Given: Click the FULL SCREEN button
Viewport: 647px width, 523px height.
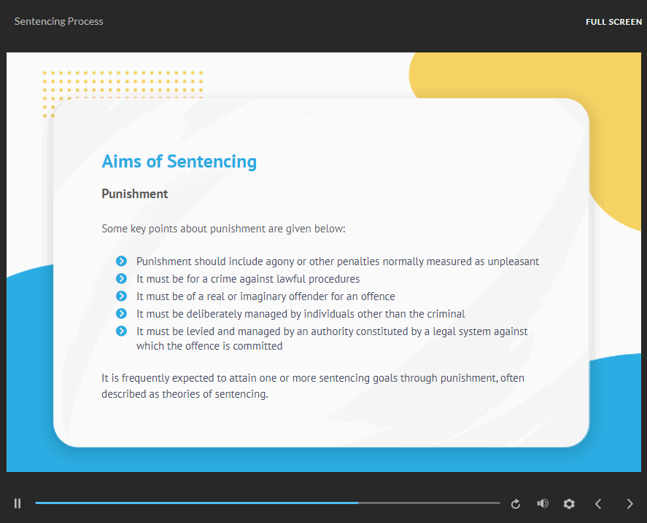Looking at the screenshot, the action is click(613, 22).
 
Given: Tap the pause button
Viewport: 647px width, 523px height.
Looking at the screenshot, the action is click(18, 503).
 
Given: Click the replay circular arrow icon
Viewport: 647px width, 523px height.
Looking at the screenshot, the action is click(516, 503).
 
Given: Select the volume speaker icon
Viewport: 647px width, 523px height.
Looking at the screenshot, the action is click(543, 503).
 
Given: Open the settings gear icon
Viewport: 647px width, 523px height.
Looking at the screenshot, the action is click(569, 503).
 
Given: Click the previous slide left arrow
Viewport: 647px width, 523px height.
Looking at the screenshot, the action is click(598, 503).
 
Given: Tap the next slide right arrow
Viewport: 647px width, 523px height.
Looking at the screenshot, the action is click(629, 503).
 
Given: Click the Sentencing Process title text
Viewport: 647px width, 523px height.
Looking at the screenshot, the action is click(58, 21).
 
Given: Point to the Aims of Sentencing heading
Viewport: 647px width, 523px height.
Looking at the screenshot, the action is click(179, 161).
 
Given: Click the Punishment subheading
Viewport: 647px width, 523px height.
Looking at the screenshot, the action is click(134, 194).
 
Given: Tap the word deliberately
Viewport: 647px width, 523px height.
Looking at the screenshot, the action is click(214, 314).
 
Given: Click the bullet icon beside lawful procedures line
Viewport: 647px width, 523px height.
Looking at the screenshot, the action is click(121, 278).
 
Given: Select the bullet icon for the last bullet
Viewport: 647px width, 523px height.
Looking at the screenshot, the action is click(121, 331).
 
